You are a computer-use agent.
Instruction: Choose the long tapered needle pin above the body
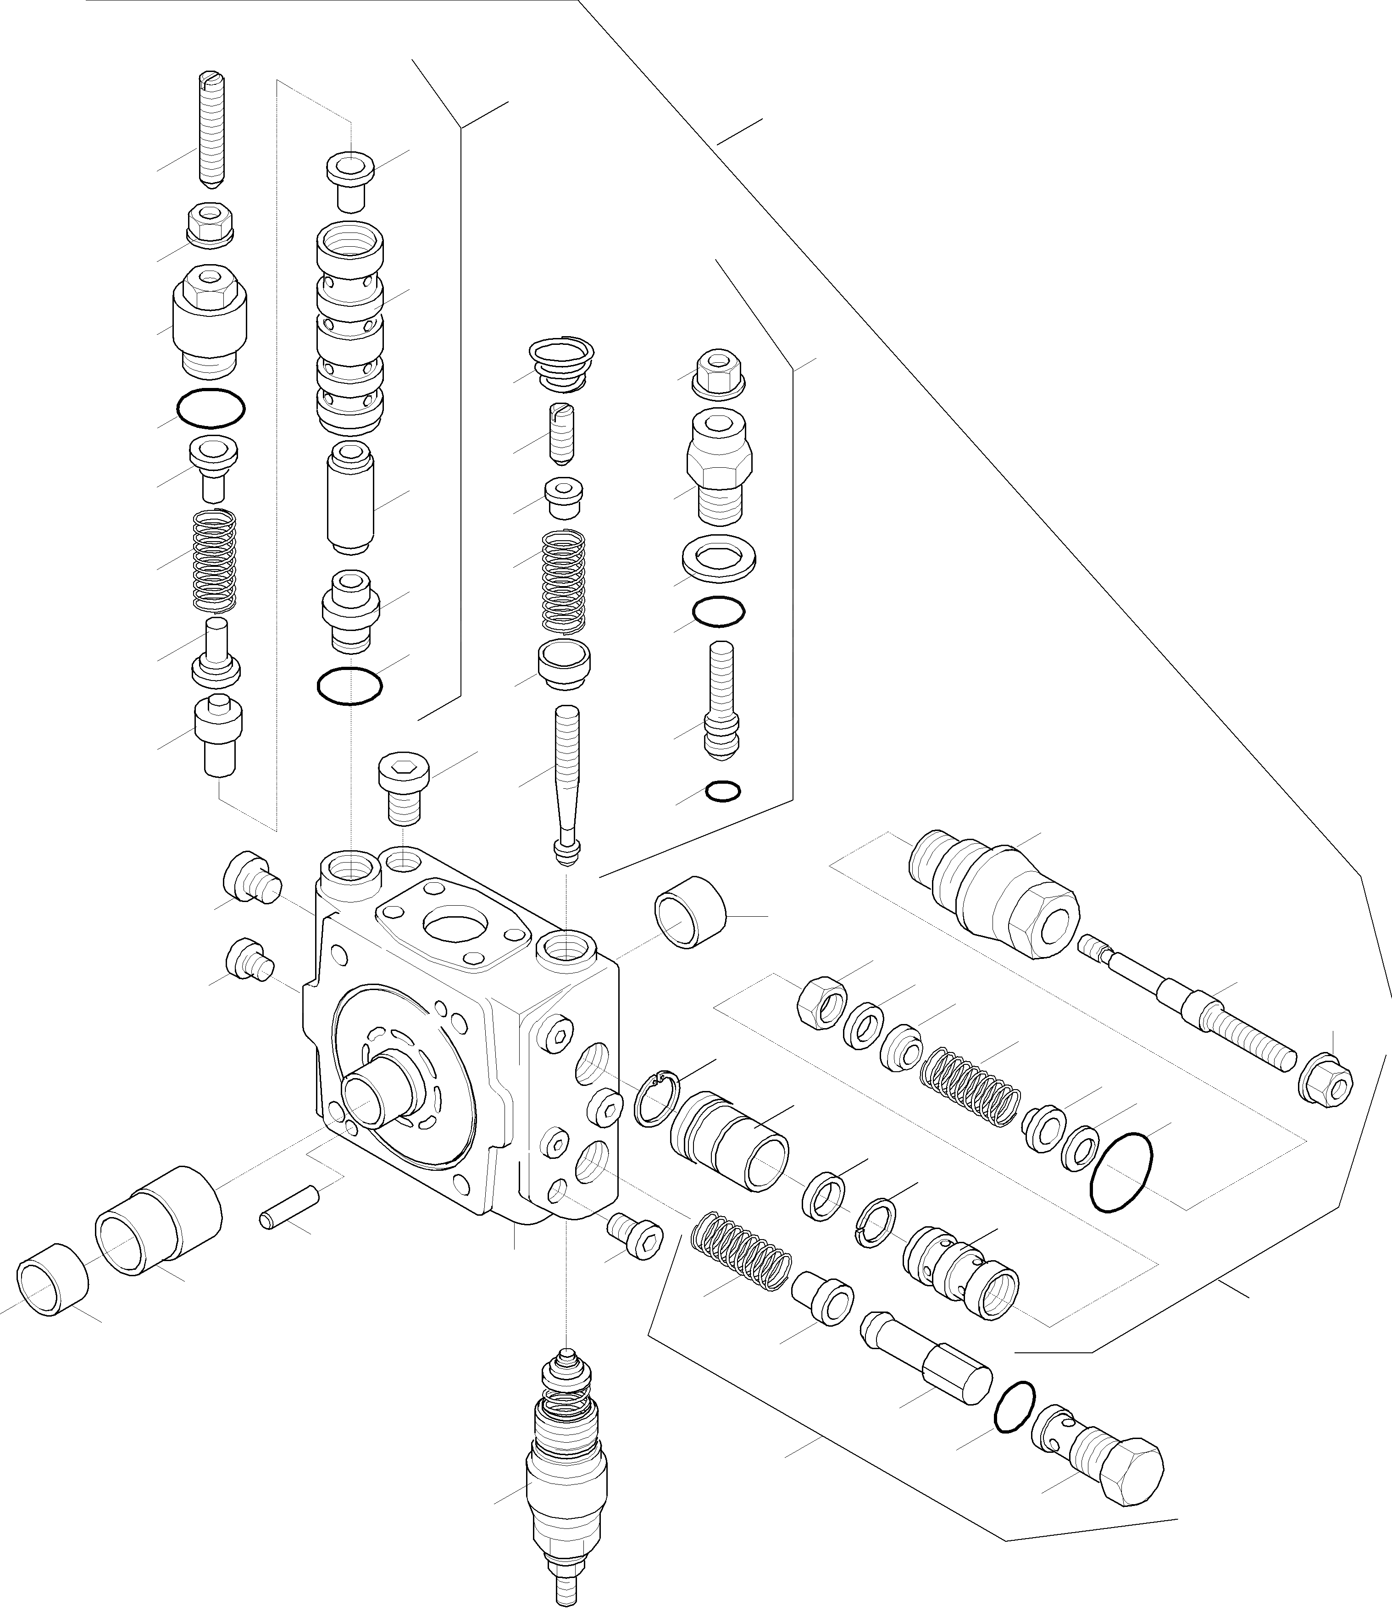coord(566,781)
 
